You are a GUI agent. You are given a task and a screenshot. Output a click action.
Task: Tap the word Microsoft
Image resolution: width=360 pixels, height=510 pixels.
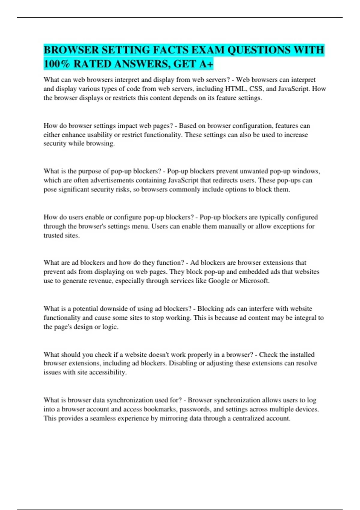click(x=254, y=281)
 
